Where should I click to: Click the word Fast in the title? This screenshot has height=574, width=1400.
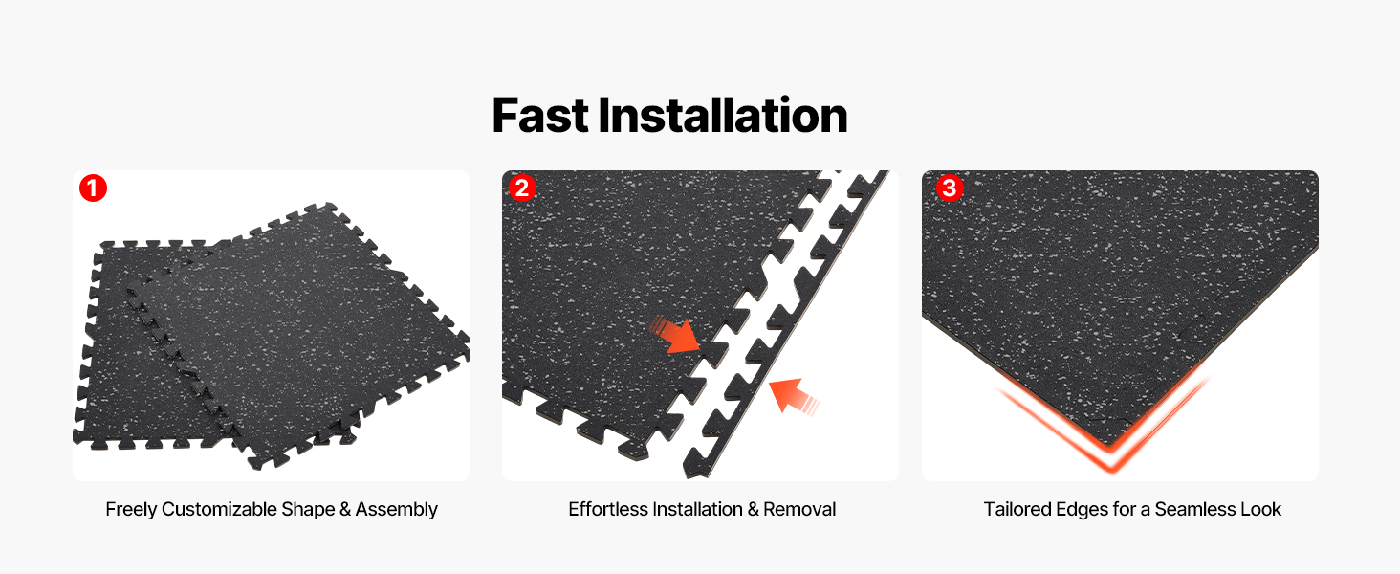tap(540, 116)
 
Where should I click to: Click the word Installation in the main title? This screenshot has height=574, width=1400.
tap(723, 116)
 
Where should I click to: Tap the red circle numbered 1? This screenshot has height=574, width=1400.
tap(93, 188)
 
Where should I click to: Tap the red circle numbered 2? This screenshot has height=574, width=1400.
tap(522, 188)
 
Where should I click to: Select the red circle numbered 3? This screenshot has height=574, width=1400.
tap(950, 188)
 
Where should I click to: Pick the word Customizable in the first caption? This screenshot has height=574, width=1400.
tap(219, 509)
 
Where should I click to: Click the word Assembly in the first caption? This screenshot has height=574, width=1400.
tap(396, 510)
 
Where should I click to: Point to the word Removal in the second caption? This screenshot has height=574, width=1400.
tap(799, 509)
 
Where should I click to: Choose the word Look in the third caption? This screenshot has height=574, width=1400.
tap(1260, 509)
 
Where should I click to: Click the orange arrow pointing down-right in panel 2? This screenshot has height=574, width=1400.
tap(676, 335)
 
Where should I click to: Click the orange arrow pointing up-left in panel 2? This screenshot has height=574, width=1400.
tap(794, 395)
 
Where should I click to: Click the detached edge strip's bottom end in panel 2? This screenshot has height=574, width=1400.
tap(693, 471)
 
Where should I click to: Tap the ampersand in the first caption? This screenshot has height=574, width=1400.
tap(345, 510)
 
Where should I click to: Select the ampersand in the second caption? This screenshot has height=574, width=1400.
tap(754, 510)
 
